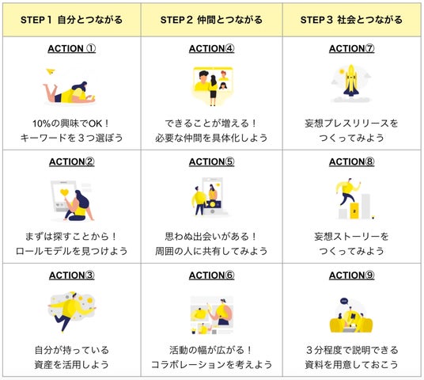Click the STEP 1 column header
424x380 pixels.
click(71, 20)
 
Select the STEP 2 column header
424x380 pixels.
click(211, 20)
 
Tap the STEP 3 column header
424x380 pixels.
click(351, 20)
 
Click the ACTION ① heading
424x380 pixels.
click(72, 49)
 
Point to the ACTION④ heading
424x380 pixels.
click(212, 49)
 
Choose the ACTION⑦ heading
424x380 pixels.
click(351, 49)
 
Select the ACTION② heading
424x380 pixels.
click(72, 161)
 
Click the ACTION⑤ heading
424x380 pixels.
click(212, 161)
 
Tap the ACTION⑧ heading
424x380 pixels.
click(351, 161)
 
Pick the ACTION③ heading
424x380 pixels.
click(72, 275)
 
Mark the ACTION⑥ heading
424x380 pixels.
click(212, 275)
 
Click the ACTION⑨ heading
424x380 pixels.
click(351, 275)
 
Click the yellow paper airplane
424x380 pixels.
click(51, 71)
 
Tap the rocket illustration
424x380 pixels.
click(351, 81)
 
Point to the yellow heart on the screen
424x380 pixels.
click(64, 192)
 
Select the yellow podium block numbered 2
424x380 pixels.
click(354, 211)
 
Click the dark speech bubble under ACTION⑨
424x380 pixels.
click(344, 302)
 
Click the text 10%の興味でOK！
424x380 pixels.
click(71, 123)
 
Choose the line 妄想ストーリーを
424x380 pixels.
click(351, 237)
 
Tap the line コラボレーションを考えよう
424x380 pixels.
click(211, 365)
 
